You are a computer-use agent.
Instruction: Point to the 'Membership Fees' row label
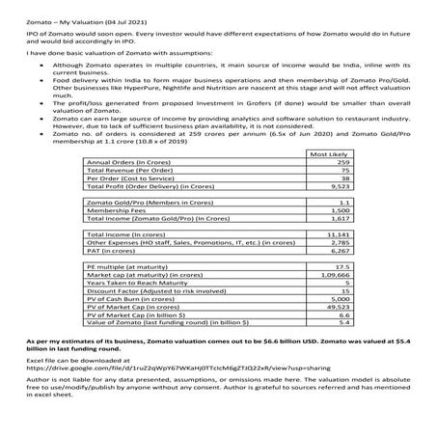coord(111,210)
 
